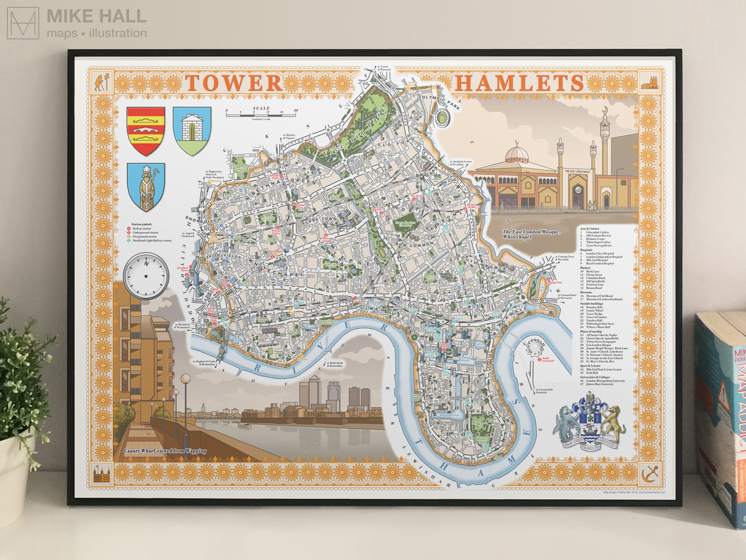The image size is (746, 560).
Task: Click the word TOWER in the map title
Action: pos(233,83)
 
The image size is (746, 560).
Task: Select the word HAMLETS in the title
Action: pos(518,83)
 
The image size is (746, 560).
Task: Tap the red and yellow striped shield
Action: pos(145,131)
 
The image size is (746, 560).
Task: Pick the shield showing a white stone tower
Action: pos(191,130)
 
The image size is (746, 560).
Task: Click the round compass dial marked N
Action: pos(146,276)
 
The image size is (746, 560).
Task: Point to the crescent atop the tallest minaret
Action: pos(604,110)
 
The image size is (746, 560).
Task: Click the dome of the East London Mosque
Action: pos(517,152)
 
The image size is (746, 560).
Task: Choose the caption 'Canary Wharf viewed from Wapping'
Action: pos(165,450)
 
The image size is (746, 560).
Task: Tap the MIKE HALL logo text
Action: pos(96,16)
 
